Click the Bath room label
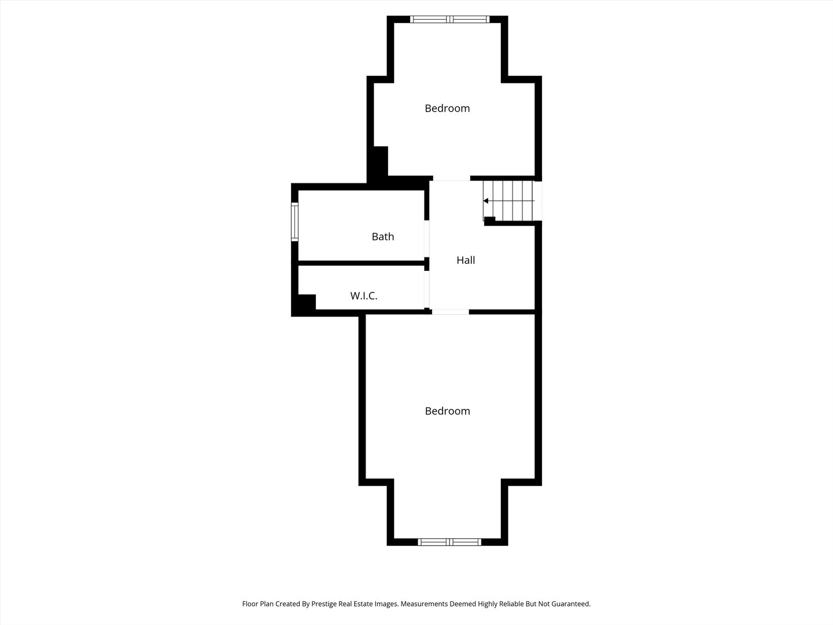(382, 237)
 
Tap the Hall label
(466, 260)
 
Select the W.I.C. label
(363, 296)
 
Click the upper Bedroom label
(447, 108)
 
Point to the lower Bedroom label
(447, 411)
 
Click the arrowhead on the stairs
(486, 201)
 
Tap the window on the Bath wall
(294, 222)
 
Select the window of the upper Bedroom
(449, 19)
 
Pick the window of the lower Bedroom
(449, 542)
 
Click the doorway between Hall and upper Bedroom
(452, 179)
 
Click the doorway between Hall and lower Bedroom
(451, 312)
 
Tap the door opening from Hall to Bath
(426, 238)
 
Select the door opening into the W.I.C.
(426, 289)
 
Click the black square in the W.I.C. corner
(307, 303)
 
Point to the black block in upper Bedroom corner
(381, 161)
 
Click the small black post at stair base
(489, 220)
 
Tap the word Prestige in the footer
(324, 604)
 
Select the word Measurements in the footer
(424, 604)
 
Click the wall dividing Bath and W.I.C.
(362, 263)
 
